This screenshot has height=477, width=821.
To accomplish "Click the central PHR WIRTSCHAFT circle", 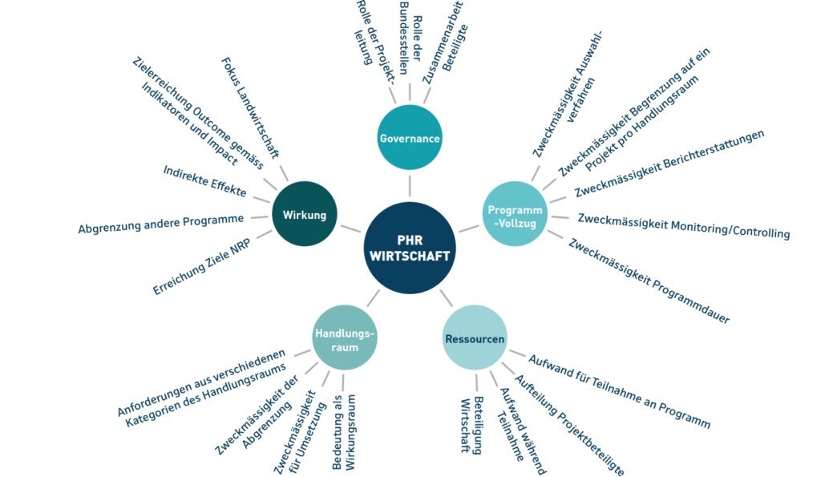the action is click(410, 248).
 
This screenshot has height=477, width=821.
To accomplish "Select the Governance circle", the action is click(410, 137).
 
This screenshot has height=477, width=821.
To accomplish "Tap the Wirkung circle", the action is click(304, 213).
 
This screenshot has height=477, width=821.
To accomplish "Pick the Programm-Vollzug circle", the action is click(515, 213).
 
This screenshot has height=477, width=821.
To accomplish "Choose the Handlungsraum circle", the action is click(345, 338).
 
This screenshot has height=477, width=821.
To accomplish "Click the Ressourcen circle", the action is click(475, 338).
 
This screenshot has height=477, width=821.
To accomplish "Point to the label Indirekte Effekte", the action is click(204, 181).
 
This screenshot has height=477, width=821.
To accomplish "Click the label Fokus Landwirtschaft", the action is click(250, 108).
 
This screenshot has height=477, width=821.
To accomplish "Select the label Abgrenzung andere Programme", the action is click(160, 223).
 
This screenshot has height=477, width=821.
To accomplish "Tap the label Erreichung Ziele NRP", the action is click(201, 266).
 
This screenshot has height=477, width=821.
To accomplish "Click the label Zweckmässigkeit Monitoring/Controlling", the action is click(684, 225).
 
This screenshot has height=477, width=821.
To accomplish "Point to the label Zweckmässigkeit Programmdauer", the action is click(649, 281).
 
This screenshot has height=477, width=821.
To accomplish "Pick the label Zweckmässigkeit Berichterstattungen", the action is click(669, 164).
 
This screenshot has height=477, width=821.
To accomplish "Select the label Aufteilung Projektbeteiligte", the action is click(570, 425).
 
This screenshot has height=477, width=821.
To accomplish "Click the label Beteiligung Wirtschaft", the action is click(471, 425).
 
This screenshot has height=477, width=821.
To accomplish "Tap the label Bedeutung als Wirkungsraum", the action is click(343, 432).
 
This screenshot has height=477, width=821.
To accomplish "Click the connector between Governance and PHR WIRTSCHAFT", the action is click(410, 186).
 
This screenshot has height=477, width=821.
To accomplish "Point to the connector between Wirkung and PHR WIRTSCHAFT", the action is click(351, 228).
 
